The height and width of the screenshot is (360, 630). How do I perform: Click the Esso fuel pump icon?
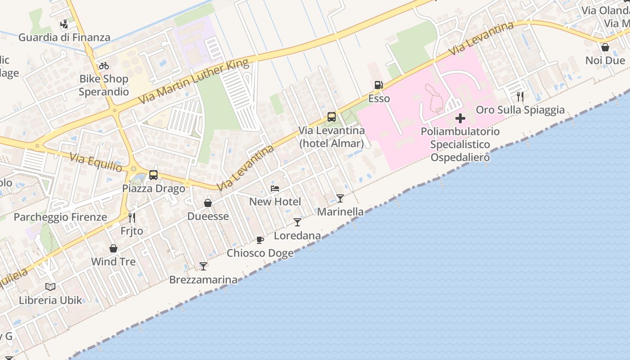(379, 85)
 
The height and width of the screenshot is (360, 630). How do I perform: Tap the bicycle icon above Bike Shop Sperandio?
(104, 66)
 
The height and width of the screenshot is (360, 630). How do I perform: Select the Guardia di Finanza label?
(64, 37)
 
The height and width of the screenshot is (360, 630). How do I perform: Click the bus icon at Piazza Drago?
(153, 175)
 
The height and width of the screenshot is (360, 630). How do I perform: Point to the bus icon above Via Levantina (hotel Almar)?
(332, 117)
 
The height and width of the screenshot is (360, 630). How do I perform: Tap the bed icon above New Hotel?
(275, 188)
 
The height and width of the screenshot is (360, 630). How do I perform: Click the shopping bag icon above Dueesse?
(208, 203)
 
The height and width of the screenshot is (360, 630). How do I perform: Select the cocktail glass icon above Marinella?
(340, 198)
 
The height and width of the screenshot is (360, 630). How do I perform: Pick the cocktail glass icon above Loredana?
(297, 222)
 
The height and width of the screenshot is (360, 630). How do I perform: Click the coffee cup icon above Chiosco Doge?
(260, 239)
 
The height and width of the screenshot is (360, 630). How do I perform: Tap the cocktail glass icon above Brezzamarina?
(203, 266)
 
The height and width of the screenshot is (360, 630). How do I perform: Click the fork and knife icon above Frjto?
(132, 218)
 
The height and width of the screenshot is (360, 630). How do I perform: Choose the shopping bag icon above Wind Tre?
(113, 248)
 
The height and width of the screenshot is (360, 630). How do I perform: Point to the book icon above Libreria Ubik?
(50, 287)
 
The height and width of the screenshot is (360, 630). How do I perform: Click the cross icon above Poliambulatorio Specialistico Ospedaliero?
(460, 119)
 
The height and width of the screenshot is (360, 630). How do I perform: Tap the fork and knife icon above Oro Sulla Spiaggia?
(520, 96)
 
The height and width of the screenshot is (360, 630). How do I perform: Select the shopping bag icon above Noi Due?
(605, 47)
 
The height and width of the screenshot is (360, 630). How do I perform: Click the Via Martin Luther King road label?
(194, 81)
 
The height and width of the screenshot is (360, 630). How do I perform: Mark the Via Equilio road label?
(96, 162)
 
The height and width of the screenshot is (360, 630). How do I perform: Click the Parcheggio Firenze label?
(60, 217)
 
